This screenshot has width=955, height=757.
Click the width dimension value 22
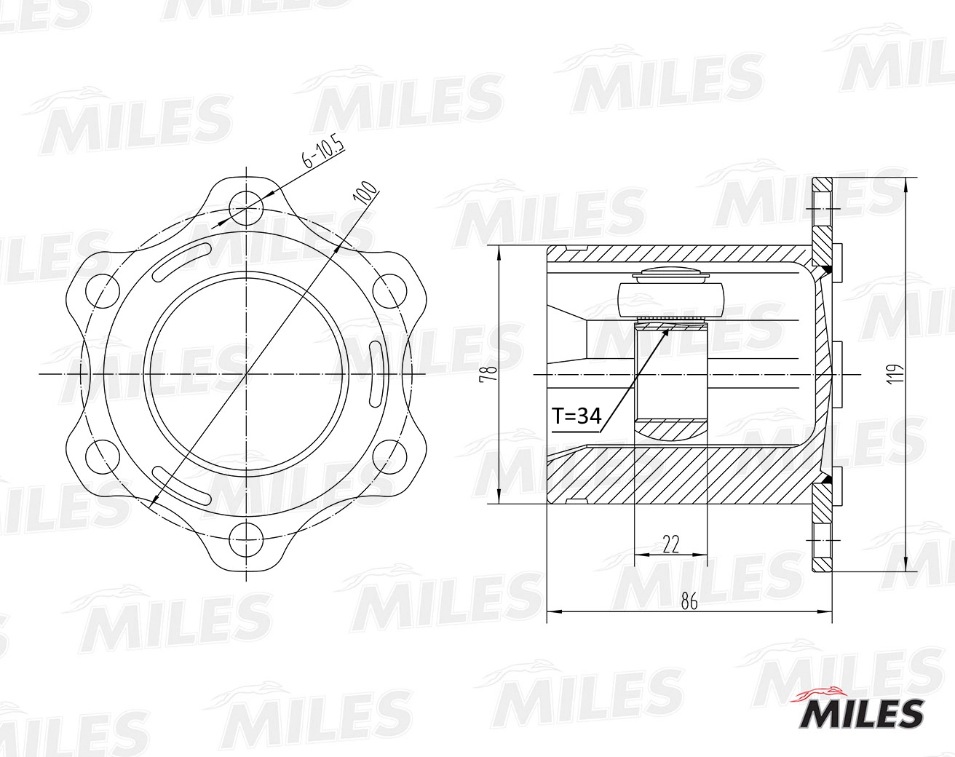point(670,544)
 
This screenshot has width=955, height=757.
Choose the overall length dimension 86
point(689,601)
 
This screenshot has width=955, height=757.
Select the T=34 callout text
point(576,416)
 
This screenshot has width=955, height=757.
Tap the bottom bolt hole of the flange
point(247,541)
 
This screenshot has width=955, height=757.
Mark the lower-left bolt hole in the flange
point(102,457)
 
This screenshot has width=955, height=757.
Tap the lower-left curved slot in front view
point(182,485)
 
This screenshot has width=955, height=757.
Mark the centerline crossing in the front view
point(247,374)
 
